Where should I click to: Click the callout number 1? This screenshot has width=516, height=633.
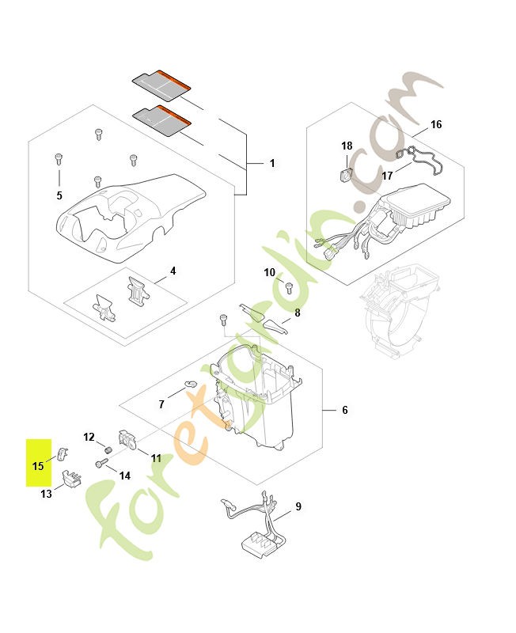point(272,163)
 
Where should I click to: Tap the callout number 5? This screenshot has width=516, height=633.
point(59,195)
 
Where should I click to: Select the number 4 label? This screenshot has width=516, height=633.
point(173,271)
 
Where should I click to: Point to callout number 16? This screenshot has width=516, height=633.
point(436,124)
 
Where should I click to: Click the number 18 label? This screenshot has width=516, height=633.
point(347,146)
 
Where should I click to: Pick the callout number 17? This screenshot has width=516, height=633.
point(387,176)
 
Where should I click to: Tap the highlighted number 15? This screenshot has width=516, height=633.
point(37,466)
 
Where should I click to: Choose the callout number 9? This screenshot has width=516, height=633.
point(298,506)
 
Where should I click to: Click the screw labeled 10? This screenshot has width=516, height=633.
point(289,287)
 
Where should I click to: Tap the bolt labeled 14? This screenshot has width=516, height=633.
point(102,463)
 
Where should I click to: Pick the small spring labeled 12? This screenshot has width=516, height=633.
point(108,449)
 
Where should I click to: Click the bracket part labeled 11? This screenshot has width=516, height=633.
point(127,439)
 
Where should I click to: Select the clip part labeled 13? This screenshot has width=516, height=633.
point(71,479)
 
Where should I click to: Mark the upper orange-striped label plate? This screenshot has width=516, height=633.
point(161,85)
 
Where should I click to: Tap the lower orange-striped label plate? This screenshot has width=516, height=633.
point(161,121)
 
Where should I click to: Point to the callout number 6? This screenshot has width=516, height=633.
point(344,410)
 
